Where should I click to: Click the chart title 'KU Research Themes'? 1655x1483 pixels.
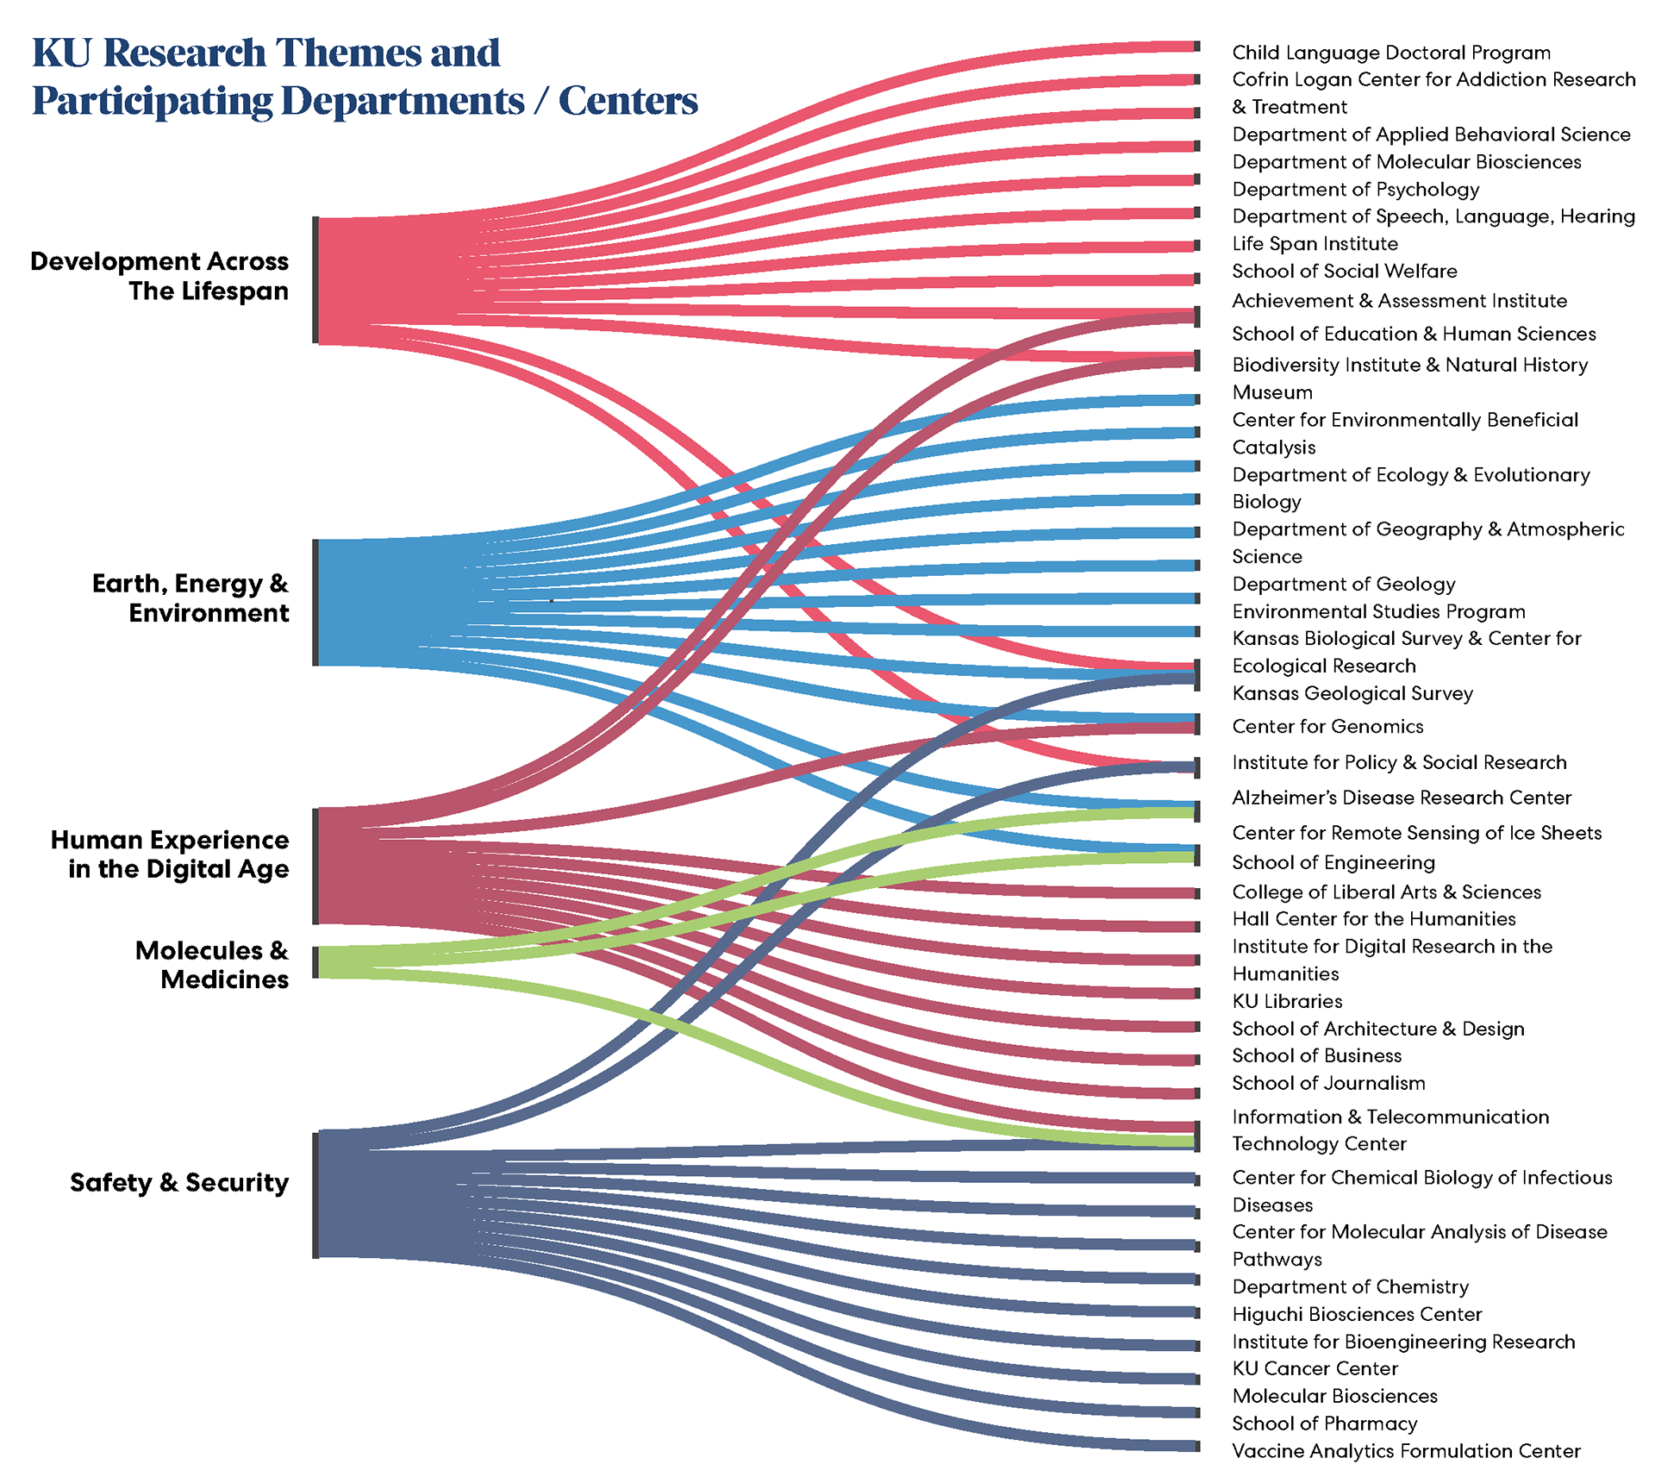(265, 53)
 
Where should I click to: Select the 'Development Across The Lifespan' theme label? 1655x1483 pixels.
(160, 276)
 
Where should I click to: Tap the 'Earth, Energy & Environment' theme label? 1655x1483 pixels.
(190, 598)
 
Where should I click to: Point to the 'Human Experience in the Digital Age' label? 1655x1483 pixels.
(171, 854)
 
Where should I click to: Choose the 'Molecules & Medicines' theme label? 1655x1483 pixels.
(212, 965)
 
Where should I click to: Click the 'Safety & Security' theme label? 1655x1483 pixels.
(179, 1182)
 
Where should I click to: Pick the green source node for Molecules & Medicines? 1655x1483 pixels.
(316, 962)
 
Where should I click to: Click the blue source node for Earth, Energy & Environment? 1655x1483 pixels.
(316, 603)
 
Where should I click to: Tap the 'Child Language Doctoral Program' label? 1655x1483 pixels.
(1391, 53)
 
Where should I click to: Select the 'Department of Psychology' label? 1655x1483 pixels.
(1356, 189)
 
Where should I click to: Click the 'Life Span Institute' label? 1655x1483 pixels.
(1315, 243)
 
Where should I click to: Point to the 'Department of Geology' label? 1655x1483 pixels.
(1344, 584)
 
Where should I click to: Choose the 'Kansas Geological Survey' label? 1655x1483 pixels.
(1352, 693)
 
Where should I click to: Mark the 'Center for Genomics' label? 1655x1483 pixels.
(1327, 726)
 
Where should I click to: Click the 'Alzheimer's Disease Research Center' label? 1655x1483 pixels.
(1402, 798)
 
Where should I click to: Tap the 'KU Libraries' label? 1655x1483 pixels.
(1287, 1001)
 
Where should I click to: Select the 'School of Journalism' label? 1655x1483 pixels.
(1328, 1083)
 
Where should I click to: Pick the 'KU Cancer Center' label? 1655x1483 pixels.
(1315, 1368)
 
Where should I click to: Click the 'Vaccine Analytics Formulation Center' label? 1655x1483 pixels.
(1406, 1451)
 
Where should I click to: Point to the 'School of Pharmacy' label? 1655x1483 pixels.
(1325, 1424)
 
